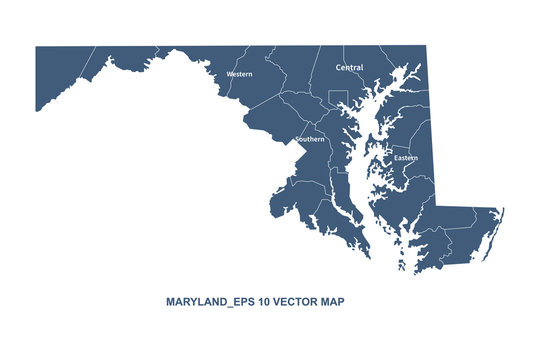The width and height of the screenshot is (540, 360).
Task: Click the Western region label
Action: (239, 74)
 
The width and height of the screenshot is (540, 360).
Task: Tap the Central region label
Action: (349, 68)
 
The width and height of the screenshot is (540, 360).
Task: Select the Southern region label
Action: (310, 139)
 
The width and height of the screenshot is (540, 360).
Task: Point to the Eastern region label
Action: (405, 158)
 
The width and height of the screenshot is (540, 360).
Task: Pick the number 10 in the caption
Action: (264, 300)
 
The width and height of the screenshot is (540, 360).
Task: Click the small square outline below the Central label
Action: (338, 99)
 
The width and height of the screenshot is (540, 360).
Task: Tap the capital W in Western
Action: (229, 74)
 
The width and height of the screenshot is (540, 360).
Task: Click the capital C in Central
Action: (338, 68)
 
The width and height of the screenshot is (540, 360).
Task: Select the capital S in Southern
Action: (297, 139)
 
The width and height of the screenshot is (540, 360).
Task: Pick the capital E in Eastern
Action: (395, 158)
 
